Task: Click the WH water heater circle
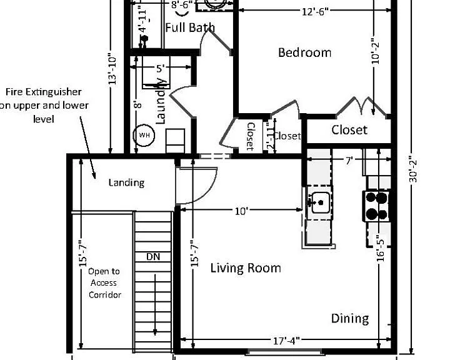click(x=144, y=135)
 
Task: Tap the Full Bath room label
click(x=190, y=27)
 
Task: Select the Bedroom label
click(x=304, y=52)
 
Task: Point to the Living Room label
click(x=246, y=267)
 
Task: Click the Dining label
click(x=350, y=319)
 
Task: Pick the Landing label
click(x=126, y=182)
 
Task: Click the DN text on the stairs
click(x=153, y=257)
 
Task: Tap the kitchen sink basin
click(x=321, y=202)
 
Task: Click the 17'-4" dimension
click(x=286, y=341)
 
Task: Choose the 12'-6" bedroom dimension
click(x=315, y=11)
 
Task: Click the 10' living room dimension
click(x=241, y=211)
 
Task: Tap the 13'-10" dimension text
click(x=112, y=69)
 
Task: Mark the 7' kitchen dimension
click(x=348, y=161)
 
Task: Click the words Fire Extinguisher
click(x=44, y=91)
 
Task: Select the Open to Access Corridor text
click(x=104, y=283)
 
